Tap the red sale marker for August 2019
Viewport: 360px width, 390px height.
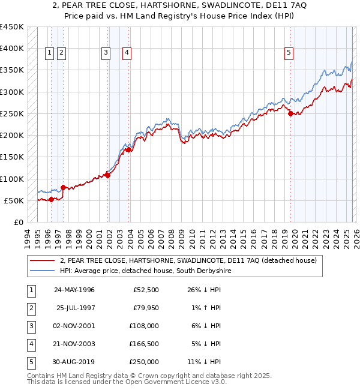(x=290, y=113)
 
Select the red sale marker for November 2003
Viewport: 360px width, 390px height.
(x=129, y=150)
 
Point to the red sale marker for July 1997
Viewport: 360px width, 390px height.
(x=63, y=187)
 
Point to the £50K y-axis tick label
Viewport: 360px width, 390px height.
(x=14, y=200)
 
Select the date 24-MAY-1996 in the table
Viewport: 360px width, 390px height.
(x=74, y=290)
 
